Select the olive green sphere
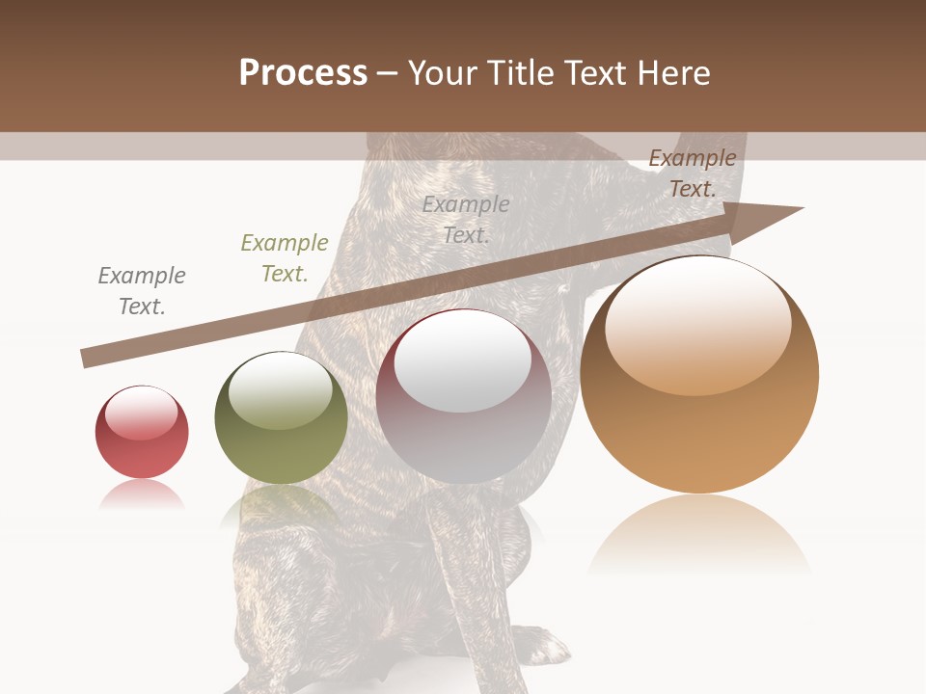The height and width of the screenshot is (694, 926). pyautogui.click(x=281, y=419)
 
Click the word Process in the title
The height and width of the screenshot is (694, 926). pyautogui.click(x=303, y=72)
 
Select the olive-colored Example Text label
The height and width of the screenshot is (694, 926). pyautogui.click(x=285, y=258)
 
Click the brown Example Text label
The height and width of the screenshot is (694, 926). pyautogui.click(x=692, y=173)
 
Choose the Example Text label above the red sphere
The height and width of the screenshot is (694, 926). pyautogui.click(x=142, y=291)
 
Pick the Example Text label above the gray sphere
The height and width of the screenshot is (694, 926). pyautogui.click(x=466, y=219)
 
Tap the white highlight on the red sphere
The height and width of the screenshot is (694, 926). pyautogui.click(x=141, y=413)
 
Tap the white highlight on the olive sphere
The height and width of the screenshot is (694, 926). pyautogui.click(x=281, y=388)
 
